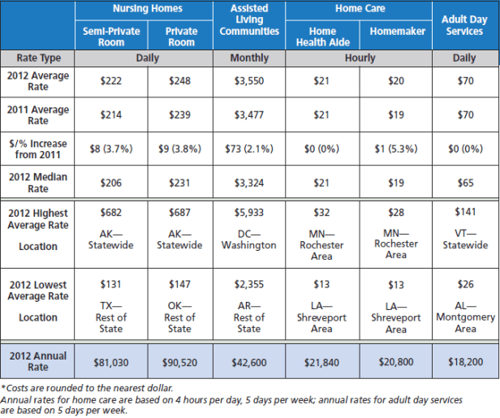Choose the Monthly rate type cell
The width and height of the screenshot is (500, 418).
[x=248, y=58]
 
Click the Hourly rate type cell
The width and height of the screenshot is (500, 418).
[x=360, y=58]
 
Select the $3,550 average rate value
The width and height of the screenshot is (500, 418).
[x=248, y=81]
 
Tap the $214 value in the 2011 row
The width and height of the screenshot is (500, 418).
[x=110, y=115]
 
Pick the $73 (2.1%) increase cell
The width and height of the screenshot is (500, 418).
[x=248, y=149]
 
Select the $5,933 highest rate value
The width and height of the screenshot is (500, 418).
[x=248, y=213]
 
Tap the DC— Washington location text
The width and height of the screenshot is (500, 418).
[x=248, y=239]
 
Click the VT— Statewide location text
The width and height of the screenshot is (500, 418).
[x=465, y=239]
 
